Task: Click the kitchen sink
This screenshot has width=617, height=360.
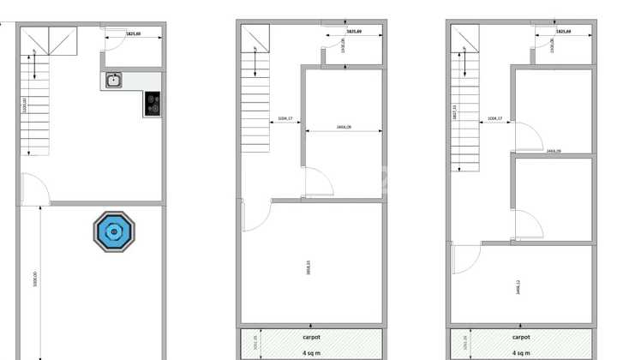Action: click(x=114, y=81)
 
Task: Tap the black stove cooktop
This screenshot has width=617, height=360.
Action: click(x=153, y=104)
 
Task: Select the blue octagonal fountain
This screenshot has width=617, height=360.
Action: click(x=114, y=231)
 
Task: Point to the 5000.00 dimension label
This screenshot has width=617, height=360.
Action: click(x=35, y=280)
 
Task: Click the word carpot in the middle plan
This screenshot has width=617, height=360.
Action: click(x=312, y=337)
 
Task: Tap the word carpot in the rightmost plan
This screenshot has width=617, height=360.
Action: click(x=521, y=337)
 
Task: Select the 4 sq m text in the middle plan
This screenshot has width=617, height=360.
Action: click(x=312, y=352)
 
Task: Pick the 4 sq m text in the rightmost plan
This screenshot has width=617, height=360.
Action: click(x=521, y=352)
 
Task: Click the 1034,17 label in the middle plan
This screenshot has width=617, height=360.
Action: click(x=285, y=118)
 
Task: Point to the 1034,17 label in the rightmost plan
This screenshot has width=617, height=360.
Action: click(x=494, y=118)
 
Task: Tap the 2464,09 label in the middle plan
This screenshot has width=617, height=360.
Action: click(x=344, y=127)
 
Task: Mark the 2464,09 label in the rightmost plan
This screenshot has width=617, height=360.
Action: click(x=553, y=151)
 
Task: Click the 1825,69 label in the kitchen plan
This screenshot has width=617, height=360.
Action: click(x=133, y=33)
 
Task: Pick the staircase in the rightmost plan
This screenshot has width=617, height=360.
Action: click(x=465, y=103)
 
